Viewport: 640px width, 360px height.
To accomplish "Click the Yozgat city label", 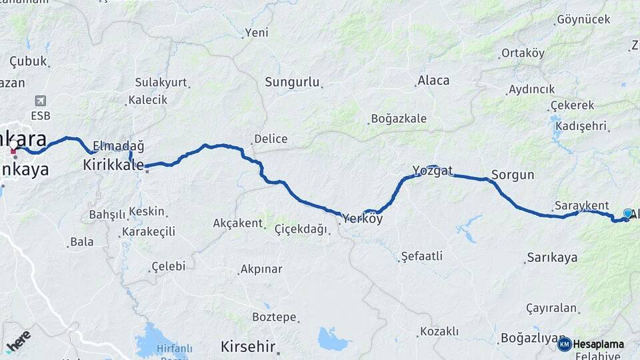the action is point(433,170).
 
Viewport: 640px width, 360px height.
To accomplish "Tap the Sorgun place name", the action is point(513,175).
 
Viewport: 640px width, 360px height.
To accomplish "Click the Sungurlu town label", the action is point(292,83).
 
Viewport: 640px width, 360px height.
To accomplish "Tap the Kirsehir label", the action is point(248,347).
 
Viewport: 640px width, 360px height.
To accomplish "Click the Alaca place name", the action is point(433,81).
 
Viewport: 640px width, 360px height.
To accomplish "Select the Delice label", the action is point(270,139).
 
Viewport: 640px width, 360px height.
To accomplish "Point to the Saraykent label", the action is point(581,205).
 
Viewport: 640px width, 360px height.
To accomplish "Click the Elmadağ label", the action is point(119,146).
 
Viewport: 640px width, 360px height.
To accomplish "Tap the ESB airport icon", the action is point(41,101).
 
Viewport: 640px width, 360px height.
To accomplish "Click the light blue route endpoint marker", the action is point(627,213).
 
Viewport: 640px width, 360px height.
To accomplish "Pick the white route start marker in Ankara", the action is point(13,144).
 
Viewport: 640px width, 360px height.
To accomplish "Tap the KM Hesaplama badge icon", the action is point(565,344).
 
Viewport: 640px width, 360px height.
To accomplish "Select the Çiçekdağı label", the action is point(301,229).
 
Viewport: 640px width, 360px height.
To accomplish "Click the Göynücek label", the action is point(584,19).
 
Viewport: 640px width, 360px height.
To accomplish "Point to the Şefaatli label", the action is point(421,256).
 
